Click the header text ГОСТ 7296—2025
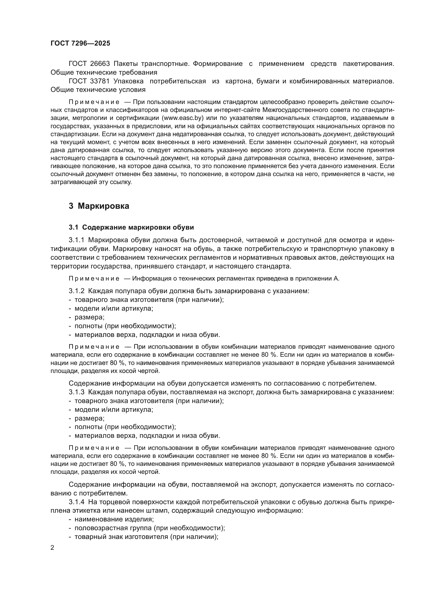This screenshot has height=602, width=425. click(80, 43)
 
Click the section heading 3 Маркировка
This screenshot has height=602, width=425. click(99, 206)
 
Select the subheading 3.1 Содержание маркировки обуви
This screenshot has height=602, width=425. click(131, 227)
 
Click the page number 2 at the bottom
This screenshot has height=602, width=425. click(52, 548)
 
